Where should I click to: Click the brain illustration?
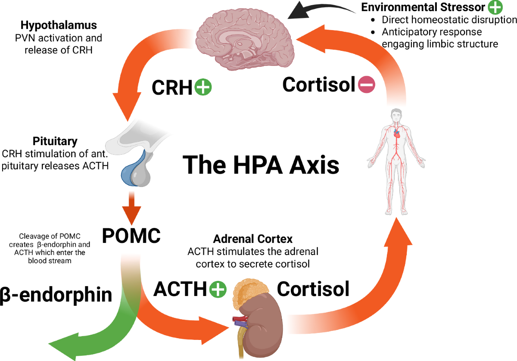click(245, 40)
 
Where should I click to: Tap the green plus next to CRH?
click(203, 87)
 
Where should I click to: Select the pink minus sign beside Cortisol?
click(367, 84)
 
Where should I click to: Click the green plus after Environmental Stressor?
click(495, 7)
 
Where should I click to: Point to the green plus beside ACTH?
click(218, 289)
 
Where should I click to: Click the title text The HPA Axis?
click(261, 165)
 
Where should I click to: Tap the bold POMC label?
click(131, 236)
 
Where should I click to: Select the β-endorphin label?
click(56, 295)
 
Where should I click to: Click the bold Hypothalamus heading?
click(59, 25)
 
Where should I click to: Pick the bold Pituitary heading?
click(55, 141)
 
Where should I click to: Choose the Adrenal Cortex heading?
click(253, 239)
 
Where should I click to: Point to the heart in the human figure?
click(396, 134)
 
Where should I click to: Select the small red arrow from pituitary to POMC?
click(131, 208)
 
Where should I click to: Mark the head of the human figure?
click(396, 115)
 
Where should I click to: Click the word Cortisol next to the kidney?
click(313, 289)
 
